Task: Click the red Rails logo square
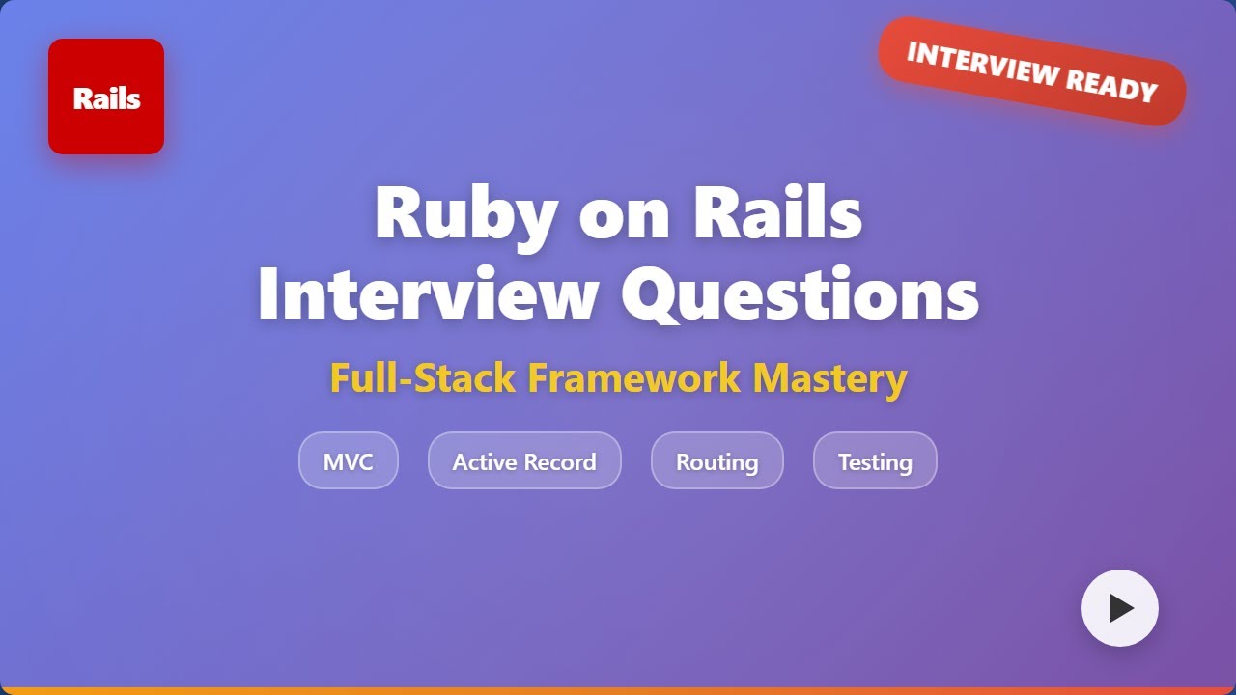click(106, 97)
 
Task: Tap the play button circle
click(1119, 608)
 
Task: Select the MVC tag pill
click(348, 461)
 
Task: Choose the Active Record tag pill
click(524, 461)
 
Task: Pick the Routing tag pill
click(716, 461)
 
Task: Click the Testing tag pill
click(875, 461)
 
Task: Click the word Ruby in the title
click(464, 214)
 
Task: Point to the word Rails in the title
click(777, 214)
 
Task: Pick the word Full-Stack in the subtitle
click(422, 377)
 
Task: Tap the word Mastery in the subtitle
click(829, 377)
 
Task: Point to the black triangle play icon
click(1121, 608)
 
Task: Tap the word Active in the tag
click(486, 461)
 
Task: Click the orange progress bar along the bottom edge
click(618, 690)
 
